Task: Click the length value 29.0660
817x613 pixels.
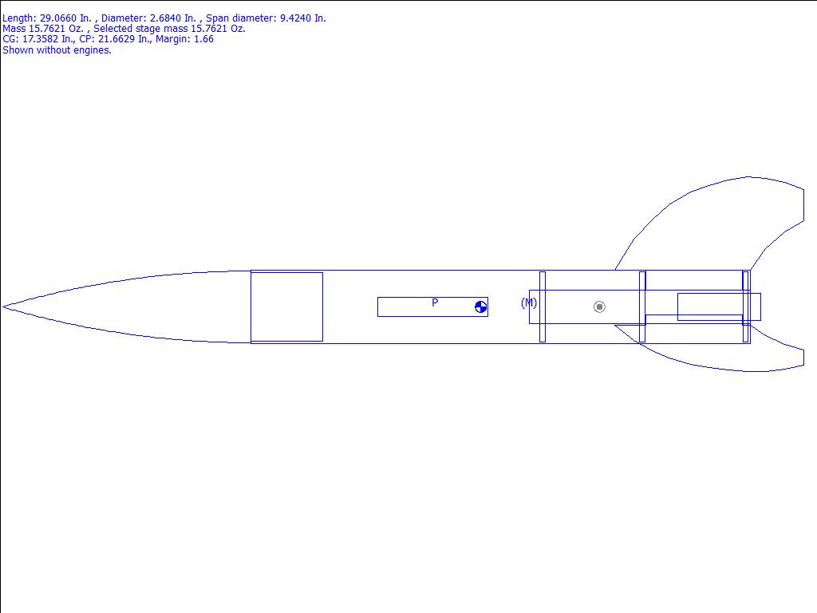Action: pyautogui.click(x=57, y=18)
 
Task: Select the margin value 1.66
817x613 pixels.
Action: pyautogui.click(x=203, y=39)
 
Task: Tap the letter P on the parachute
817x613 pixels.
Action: pyautogui.click(x=435, y=303)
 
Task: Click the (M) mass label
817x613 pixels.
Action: pyautogui.click(x=529, y=303)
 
